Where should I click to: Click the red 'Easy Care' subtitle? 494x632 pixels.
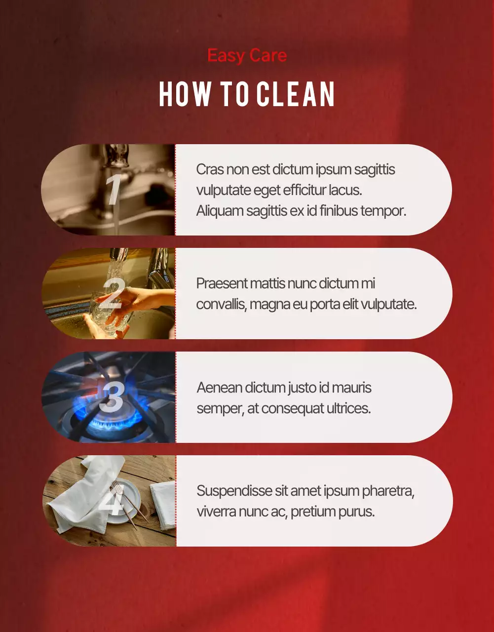[x=247, y=56]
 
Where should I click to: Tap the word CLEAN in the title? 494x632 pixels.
[x=296, y=94]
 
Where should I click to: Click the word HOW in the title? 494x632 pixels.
[x=185, y=94]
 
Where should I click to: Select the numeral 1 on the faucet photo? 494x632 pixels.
[x=113, y=189]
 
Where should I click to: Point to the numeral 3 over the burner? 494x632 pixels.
[x=112, y=396]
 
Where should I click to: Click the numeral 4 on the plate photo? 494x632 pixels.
[x=112, y=500]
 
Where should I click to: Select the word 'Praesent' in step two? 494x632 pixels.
[x=221, y=283]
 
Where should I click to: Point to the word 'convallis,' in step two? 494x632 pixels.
[x=222, y=305]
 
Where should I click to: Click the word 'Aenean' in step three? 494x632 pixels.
[x=219, y=388]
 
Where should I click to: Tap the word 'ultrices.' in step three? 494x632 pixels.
[x=349, y=408]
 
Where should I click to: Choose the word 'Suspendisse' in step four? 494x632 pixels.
[x=234, y=491]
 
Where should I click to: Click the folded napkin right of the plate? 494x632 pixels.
[x=163, y=505]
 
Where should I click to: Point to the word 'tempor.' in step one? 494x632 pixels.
[x=383, y=211]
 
